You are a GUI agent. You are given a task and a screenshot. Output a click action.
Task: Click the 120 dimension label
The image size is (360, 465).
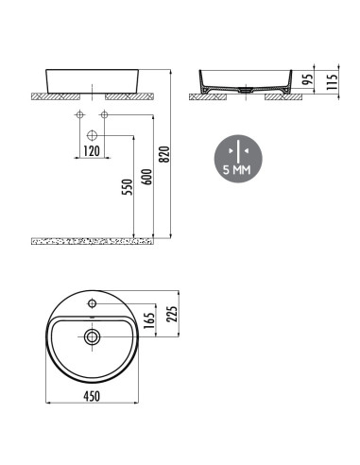(x=91, y=149)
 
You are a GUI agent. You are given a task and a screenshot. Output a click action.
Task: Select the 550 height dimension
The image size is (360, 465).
(x=128, y=187)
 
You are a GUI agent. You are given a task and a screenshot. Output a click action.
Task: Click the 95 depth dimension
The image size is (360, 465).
(x=307, y=81)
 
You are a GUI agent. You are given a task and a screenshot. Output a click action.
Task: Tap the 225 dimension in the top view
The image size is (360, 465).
(x=170, y=313)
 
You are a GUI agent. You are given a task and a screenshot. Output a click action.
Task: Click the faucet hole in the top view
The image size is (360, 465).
(x=92, y=304)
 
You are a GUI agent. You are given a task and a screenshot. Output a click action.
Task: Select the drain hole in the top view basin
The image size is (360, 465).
(x=92, y=336)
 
